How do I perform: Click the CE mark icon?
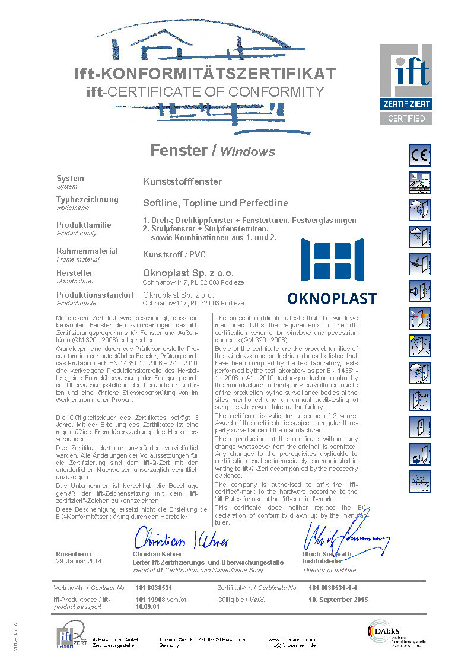pyautogui.click(x=420, y=155)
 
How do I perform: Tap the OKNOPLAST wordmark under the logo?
pyautogui.click(x=332, y=297)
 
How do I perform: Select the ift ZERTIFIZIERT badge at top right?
pyautogui.click(x=406, y=83)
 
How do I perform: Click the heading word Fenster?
pyautogui.click(x=178, y=150)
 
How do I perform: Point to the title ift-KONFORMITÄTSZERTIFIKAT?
pyautogui.click(x=205, y=74)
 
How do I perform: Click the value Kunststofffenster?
pyautogui.click(x=183, y=181)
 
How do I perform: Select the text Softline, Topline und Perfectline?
pyautogui.click(x=215, y=202)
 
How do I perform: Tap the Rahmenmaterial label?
pyautogui.click(x=87, y=251)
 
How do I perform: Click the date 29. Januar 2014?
pyautogui.click(x=79, y=561)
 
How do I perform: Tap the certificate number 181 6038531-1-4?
pyautogui.click(x=333, y=588)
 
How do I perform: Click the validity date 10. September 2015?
pyautogui.click(x=338, y=600)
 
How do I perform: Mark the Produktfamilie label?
pyautogui.click(x=84, y=225)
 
